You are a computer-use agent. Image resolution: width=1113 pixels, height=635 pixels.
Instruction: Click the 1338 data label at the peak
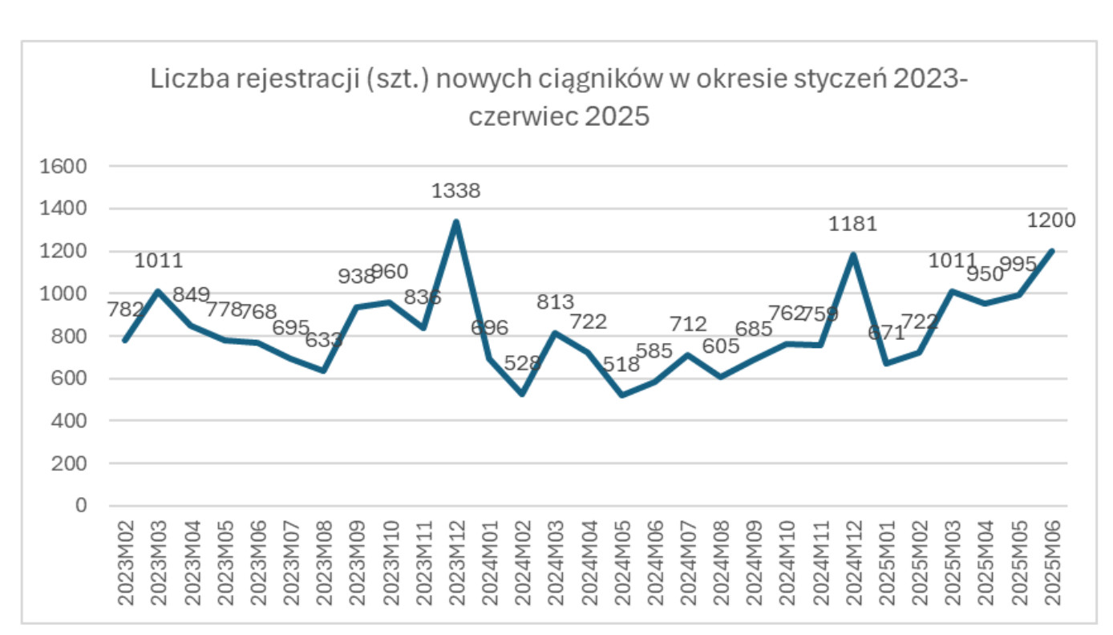click(455, 192)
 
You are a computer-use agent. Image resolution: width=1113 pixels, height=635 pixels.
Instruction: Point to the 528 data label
click(523, 363)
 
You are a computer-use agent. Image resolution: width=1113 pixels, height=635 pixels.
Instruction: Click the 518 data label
click(621, 364)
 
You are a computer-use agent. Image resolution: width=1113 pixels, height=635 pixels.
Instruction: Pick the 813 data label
click(556, 302)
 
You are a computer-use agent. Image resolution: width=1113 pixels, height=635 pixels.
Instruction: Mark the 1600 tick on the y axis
click(68, 167)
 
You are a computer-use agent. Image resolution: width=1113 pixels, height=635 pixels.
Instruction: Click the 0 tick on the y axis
click(80, 506)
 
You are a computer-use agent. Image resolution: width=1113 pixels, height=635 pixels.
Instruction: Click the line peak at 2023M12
click(455, 222)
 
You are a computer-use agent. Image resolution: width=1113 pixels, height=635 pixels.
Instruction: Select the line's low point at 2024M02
click(522, 394)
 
